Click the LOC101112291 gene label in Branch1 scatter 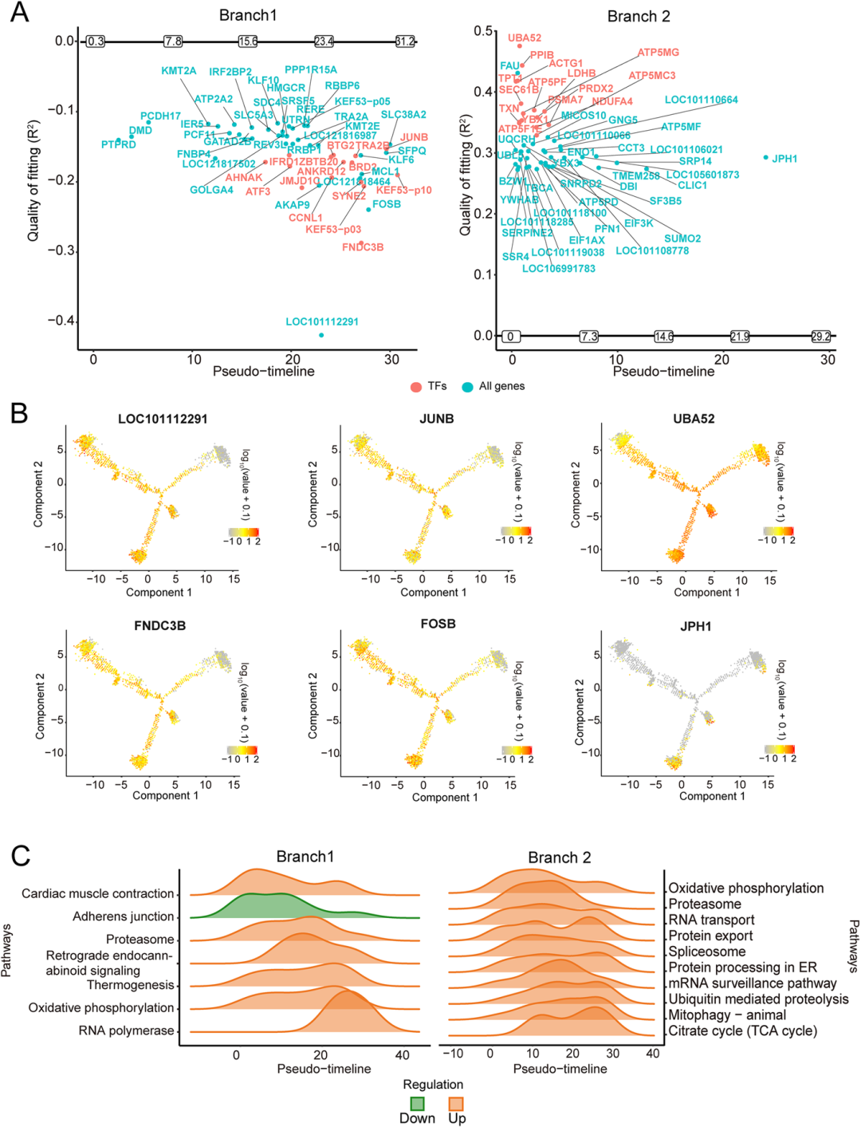coord(322,321)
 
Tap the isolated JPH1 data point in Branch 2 coord(766,158)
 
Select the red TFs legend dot coord(415,387)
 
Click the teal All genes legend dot coord(467,387)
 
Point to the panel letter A coord(18,13)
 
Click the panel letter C coord(21,855)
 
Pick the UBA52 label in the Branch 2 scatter coord(525,37)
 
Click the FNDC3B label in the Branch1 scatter coord(363,247)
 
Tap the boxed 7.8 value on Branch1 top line coord(173,41)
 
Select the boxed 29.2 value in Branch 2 coord(820,337)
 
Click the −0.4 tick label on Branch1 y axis coord(59,321)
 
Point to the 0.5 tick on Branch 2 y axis coord(483,31)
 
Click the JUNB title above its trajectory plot coord(437,419)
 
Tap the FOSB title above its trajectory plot coord(438,624)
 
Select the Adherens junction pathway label coord(123,916)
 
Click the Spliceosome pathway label coord(707,952)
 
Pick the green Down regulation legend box coord(417,1104)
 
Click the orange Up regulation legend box coord(457,1104)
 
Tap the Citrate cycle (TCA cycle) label coord(742,1030)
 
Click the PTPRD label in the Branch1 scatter coord(119,144)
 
